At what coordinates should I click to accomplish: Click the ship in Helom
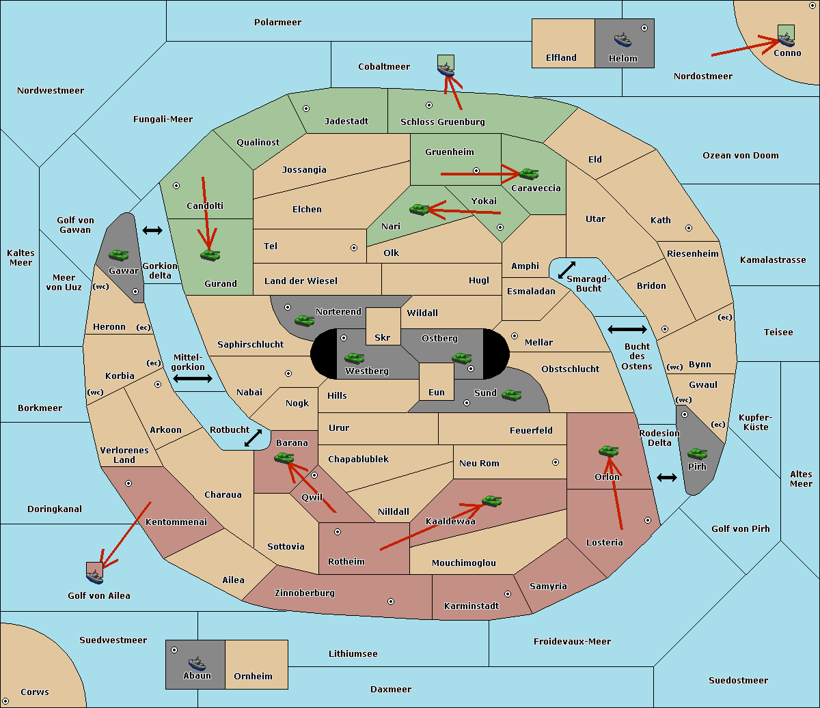[623, 40]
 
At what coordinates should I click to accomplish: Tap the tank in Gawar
[119, 255]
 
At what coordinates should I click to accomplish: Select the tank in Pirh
[697, 453]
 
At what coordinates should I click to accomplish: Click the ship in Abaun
[197, 663]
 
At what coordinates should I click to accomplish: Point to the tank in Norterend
[304, 320]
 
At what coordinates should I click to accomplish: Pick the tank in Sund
[511, 395]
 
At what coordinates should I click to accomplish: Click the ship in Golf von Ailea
[95, 576]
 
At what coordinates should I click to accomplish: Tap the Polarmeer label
[277, 23]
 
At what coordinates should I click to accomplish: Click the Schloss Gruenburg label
[443, 122]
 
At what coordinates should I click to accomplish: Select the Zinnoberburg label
[305, 593]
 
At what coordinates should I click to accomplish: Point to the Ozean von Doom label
[741, 156]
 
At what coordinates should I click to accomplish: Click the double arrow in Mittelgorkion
[193, 378]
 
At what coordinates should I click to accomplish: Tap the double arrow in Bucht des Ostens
[627, 329]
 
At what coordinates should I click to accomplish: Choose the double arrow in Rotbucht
[253, 438]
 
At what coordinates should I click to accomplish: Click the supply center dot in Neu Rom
[556, 462]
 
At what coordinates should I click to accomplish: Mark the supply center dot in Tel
[354, 248]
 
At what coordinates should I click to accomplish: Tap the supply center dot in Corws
[5, 701]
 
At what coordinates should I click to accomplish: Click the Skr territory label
[382, 337]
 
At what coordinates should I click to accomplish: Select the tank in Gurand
[210, 255]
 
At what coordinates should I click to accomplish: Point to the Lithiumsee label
[353, 653]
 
